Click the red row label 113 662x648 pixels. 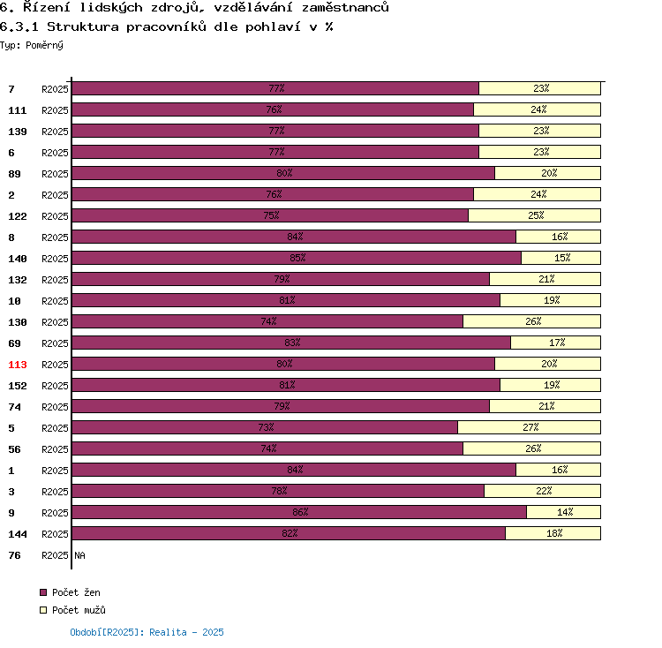pos(17,365)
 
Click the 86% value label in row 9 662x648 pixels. pos(300,512)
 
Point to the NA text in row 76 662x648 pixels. pos(79,555)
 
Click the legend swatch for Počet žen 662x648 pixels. pos(42,592)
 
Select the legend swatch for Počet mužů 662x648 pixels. pos(42,610)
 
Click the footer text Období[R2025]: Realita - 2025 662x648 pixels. pos(147,632)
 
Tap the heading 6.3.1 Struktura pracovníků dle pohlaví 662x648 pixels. pos(166,26)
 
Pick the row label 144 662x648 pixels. pos(17,534)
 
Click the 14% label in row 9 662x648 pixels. pos(564,512)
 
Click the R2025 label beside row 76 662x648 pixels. pos(55,555)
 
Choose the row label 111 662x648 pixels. pos(17,110)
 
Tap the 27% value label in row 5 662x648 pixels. pos(530,427)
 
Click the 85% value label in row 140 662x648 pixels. pos(297,258)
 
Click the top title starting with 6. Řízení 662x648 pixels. pos(194,7)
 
